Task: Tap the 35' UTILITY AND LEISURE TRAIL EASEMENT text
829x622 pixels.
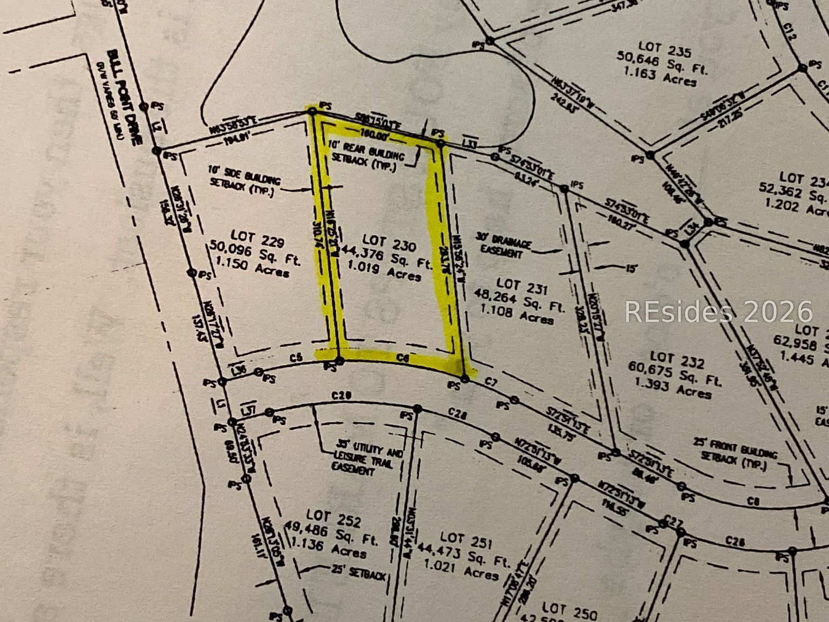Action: pyautogui.click(x=368, y=461)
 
